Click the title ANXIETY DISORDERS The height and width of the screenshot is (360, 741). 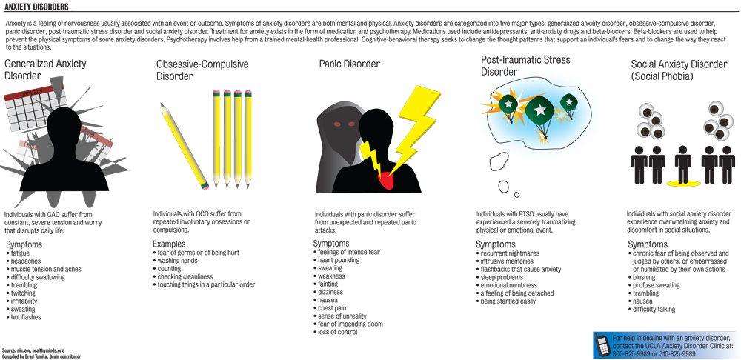[36, 7]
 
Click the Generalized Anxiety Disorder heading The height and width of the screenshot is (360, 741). [44, 70]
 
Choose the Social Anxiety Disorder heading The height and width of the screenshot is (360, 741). [679, 70]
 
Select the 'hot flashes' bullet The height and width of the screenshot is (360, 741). [26, 317]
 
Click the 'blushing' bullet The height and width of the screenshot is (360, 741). [645, 277]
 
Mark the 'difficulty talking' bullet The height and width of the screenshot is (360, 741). [654, 310]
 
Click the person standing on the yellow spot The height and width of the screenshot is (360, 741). [683, 165]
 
